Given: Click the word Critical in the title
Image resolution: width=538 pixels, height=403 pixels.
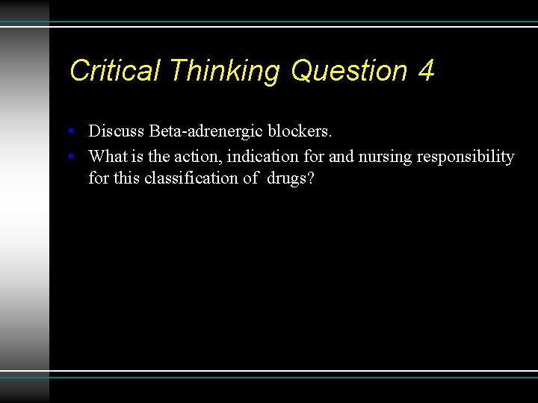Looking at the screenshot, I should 114,71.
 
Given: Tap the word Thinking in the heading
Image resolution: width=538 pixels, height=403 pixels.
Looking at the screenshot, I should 224,71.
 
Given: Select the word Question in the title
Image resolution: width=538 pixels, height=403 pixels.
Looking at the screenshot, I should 349,71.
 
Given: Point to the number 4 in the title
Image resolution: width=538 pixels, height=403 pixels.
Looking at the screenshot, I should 426,71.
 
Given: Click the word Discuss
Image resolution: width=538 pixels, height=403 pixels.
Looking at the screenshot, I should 116,131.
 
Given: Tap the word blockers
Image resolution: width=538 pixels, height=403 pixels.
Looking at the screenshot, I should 300,131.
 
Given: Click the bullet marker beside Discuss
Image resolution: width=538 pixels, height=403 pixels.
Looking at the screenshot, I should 69,132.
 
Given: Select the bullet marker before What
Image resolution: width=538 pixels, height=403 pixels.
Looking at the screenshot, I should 69,157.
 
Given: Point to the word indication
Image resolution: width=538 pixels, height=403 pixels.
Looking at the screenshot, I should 265,157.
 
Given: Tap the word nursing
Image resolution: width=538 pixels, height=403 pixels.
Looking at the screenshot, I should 384,157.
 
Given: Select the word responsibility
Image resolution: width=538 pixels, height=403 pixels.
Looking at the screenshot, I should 465,157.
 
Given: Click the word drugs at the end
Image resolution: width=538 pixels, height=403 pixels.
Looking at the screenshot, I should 291,179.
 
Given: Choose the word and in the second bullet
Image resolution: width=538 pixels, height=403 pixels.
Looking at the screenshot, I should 341,157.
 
